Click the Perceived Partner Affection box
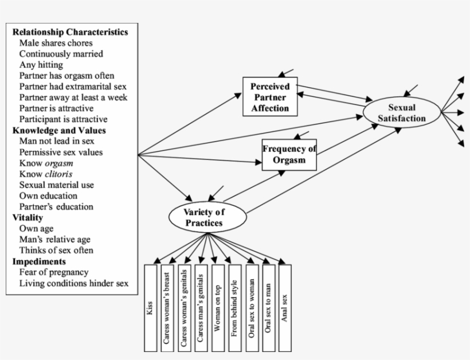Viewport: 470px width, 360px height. tap(270, 97)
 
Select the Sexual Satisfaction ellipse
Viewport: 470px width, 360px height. tap(401, 113)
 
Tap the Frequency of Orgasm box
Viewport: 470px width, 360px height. tap(289, 155)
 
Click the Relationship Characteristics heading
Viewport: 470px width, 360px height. tap(70, 32)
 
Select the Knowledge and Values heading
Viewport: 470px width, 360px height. tap(59, 130)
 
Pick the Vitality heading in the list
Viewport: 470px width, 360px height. tap(28, 217)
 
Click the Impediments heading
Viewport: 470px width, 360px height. tap(39, 261)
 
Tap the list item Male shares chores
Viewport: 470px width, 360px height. tap(56, 42)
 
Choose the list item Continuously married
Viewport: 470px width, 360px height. tap(61, 53)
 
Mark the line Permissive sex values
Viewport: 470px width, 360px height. tap(61, 152)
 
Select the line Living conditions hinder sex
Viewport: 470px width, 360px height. tap(74, 283)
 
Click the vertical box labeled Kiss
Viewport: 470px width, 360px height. tap(151, 307)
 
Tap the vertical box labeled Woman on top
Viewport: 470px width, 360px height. tap(218, 307)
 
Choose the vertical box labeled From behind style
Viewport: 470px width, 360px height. tap(234, 307)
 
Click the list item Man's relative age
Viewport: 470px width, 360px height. tap(55, 239)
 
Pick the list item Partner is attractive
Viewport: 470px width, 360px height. tap(56, 108)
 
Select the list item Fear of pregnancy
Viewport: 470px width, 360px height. tap(54, 272)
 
